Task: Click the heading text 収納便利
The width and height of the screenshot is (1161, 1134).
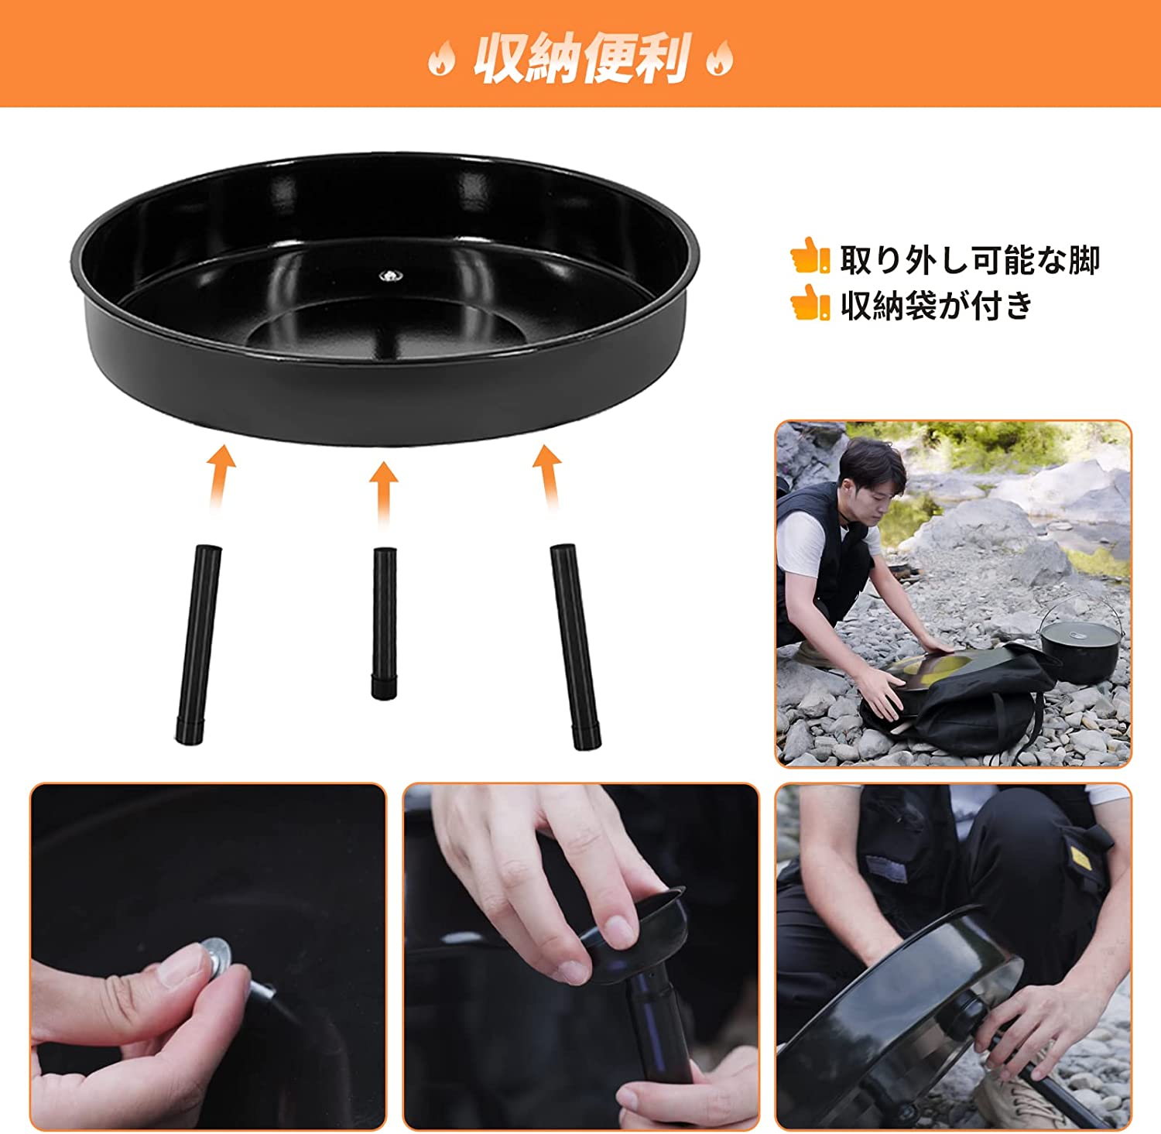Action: (580, 58)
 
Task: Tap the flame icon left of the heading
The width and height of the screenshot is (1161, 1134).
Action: (441, 59)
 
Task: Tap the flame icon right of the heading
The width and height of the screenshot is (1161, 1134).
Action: (718, 59)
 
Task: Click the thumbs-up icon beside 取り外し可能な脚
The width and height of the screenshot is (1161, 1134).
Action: (810, 256)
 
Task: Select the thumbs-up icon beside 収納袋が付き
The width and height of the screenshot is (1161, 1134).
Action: (810, 303)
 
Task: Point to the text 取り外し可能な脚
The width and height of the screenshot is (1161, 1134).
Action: (969, 259)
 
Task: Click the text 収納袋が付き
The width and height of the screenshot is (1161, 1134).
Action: (937, 305)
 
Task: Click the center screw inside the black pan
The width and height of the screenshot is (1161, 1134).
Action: (387, 275)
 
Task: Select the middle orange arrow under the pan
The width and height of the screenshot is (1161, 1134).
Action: (383, 492)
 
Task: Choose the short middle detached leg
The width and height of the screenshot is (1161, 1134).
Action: (384, 622)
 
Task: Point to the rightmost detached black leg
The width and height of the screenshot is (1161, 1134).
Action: (576, 646)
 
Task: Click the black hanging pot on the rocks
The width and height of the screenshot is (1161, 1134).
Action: (1079, 649)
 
